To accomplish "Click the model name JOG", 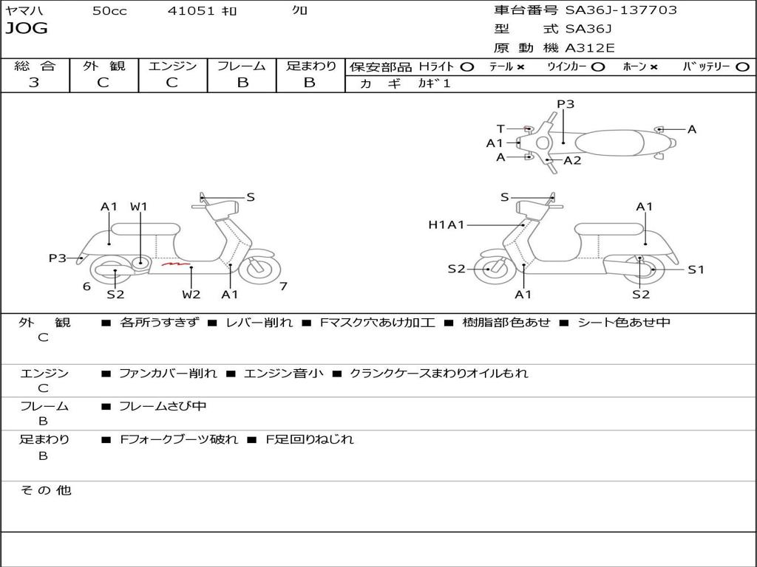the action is click(26, 29).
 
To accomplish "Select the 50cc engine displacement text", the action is click(109, 11).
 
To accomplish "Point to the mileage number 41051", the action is click(191, 11).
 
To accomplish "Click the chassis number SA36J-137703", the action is click(620, 10).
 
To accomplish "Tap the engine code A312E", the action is click(590, 49).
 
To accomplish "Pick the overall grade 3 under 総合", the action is click(34, 83).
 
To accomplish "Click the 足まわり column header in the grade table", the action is click(311, 66).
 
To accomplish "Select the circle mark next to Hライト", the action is click(466, 66).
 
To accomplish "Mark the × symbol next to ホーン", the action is click(654, 66).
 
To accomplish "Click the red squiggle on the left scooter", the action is click(177, 263).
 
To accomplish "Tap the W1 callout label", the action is click(139, 207).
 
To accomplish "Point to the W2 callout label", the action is click(191, 295).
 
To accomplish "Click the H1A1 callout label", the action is click(447, 225).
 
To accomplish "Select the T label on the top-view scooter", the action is click(500, 129).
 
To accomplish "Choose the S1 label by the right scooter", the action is click(696, 269).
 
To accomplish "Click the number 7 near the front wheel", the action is click(283, 286).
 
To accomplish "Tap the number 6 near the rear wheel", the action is click(86, 286).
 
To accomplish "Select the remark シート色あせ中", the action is click(623, 323).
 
